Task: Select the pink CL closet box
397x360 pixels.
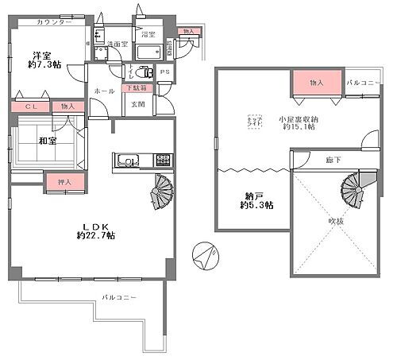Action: click(x=30, y=106)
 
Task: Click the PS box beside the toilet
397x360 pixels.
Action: click(x=164, y=76)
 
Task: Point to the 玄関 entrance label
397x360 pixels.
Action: click(x=137, y=104)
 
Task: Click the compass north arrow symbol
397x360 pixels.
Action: click(x=204, y=257)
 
